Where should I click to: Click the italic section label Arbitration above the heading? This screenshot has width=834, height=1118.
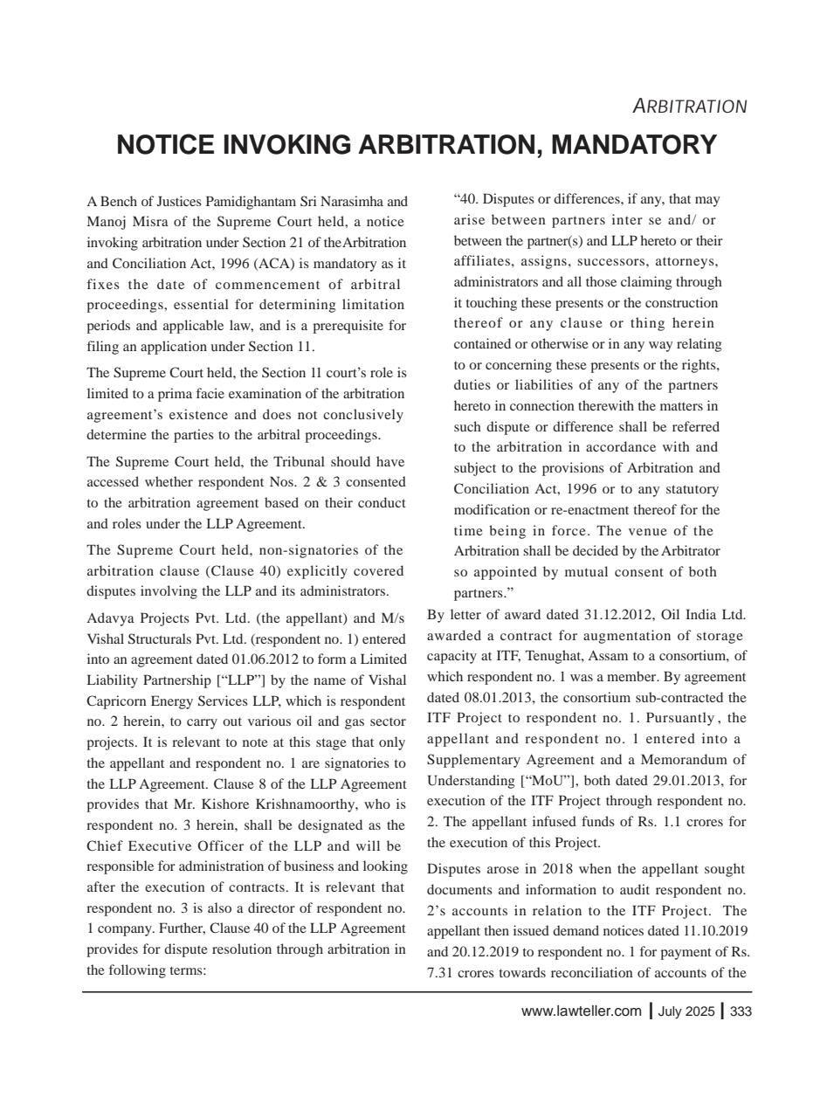point(689,107)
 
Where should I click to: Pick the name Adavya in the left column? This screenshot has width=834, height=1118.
point(108,618)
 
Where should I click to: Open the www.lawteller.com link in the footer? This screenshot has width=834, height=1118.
point(581,1012)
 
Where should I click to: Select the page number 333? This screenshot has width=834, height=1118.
point(740,1012)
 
